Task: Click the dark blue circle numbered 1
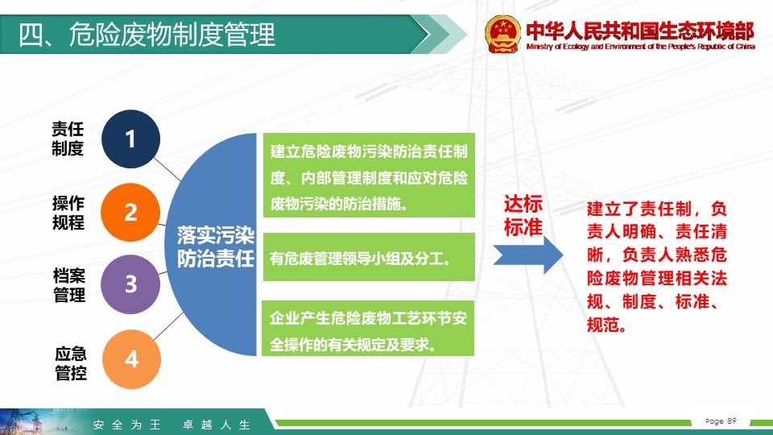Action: pyautogui.click(x=130, y=139)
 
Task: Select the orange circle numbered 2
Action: pyautogui.click(x=130, y=212)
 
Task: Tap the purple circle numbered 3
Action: pyautogui.click(x=130, y=284)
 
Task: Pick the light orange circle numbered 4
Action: pyautogui.click(x=131, y=359)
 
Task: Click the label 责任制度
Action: pyautogui.click(x=68, y=139)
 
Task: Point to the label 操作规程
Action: pyautogui.click(x=68, y=213)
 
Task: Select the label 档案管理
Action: pyautogui.click(x=69, y=285)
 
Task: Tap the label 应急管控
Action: pyautogui.click(x=71, y=363)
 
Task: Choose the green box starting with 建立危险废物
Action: pyautogui.click(x=369, y=175)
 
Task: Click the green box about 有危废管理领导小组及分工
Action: pyautogui.click(x=369, y=257)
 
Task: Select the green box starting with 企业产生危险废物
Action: pyautogui.click(x=368, y=328)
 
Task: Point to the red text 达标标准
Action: pyautogui.click(x=523, y=216)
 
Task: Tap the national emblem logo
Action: pyautogui.click(x=502, y=34)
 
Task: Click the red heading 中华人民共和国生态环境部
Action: pyautogui.click(x=640, y=31)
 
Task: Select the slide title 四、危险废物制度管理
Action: pyautogui.click(x=147, y=35)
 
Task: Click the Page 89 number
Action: pyautogui.click(x=721, y=420)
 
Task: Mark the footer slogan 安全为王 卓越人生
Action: pyautogui.click(x=172, y=425)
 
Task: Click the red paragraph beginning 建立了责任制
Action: pyautogui.click(x=657, y=267)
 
